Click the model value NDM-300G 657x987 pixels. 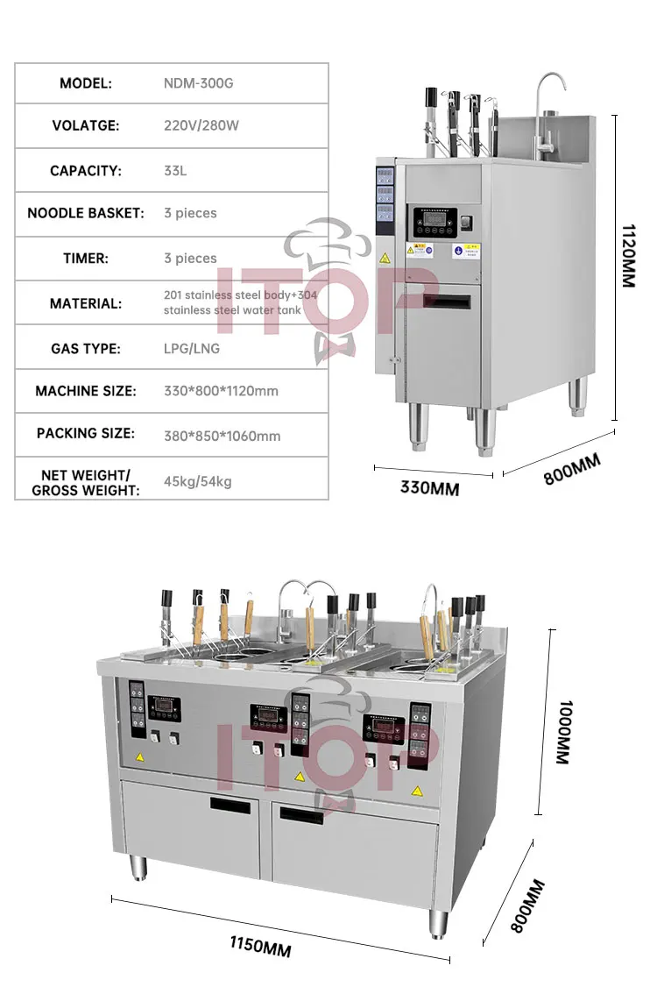tap(198, 84)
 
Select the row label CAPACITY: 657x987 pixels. tap(86, 171)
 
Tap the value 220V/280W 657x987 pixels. tap(201, 125)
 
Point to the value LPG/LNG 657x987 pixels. tap(192, 349)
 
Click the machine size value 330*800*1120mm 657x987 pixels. tap(222, 391)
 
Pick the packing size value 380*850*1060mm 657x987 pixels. tap(222, 436)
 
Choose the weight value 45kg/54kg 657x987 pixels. tap(198, 481)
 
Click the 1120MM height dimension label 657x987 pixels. tap(628, 255)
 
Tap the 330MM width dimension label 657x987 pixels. tap(429, 488)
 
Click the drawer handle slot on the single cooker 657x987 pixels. tap(447, 302)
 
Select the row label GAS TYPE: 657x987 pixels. tap(86, 349)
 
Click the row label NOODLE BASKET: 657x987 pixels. tap(86, 213)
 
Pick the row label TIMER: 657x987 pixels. tap(86, 259)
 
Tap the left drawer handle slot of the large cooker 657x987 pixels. tap(229, 805)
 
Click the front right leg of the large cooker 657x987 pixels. tap(438, 923)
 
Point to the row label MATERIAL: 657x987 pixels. tap(86, 303)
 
